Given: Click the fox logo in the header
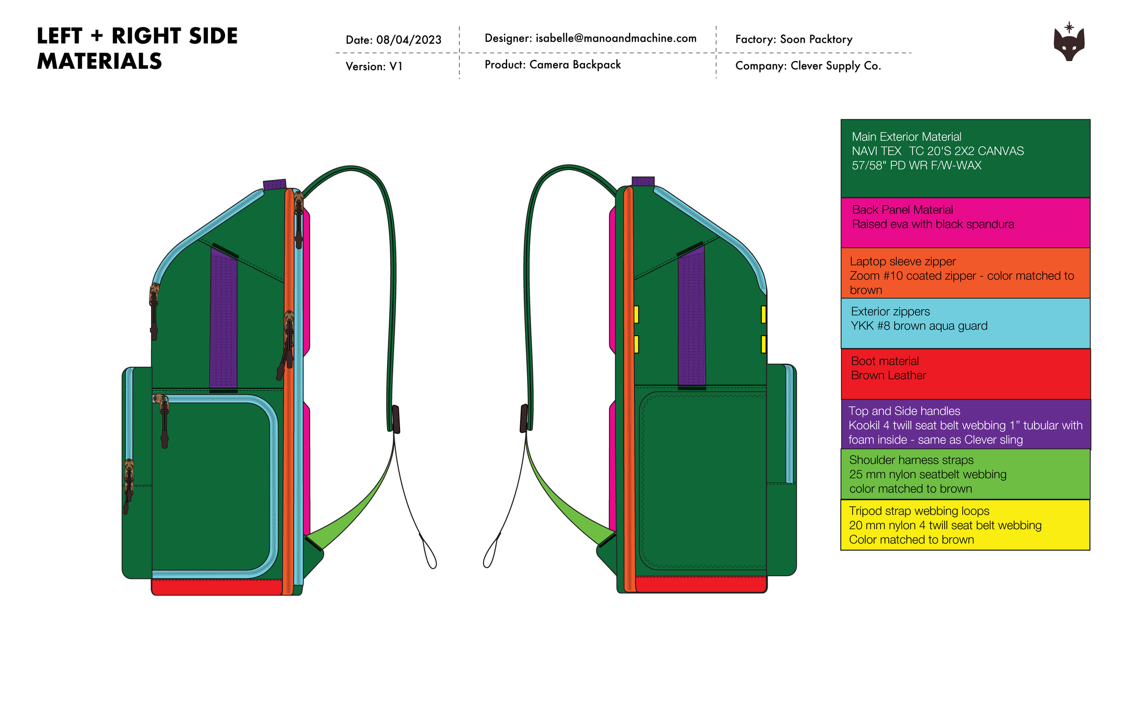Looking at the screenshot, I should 1069,43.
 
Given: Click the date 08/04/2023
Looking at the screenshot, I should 409,40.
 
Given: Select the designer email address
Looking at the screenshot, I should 616,38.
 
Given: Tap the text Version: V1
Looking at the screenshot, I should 374,66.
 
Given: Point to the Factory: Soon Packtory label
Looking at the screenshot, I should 794,39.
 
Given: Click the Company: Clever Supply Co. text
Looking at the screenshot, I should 808,66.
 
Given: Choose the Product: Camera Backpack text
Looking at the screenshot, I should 552,65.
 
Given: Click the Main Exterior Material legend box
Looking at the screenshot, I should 965,158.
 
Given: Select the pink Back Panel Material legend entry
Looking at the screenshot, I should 965,223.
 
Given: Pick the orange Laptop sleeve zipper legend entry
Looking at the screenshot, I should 965,273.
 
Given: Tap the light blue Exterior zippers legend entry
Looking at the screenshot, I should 965,324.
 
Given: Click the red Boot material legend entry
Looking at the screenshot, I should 965,374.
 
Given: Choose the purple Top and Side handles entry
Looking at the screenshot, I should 965,424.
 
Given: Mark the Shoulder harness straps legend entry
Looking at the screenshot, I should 965,474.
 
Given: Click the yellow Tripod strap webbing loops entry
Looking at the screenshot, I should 965,525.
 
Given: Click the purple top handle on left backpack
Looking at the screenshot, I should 274,184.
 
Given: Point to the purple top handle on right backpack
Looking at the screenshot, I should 643,181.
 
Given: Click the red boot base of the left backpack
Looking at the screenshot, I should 217,587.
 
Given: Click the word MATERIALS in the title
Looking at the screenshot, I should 99,62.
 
